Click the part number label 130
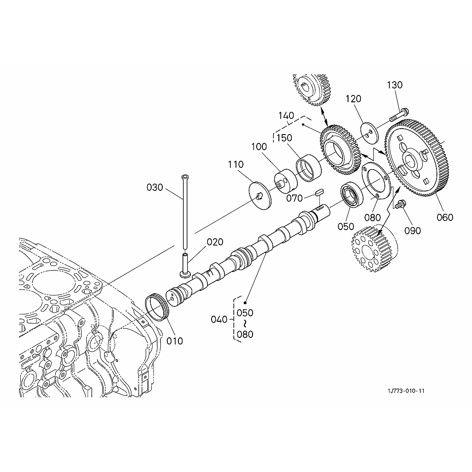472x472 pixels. pyautogui.click(x=395, y=85)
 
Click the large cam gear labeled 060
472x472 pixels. pyautogui.click(x=417, y=158)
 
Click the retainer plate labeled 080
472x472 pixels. pyautogui.click(x=376, y=181)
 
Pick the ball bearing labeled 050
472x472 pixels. pyautogui.click(x=352, y=195)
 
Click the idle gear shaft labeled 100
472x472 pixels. pyautogui.click(x=285, y=182)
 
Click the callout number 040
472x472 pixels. pyautogui.click(x=219, y=319)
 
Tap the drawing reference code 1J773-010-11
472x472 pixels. pyautogui.click(x=406, y=391)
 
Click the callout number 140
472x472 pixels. pyautogui.click(x=286, y=115)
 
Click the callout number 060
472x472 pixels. pyautogui.click(x=445, y=217)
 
